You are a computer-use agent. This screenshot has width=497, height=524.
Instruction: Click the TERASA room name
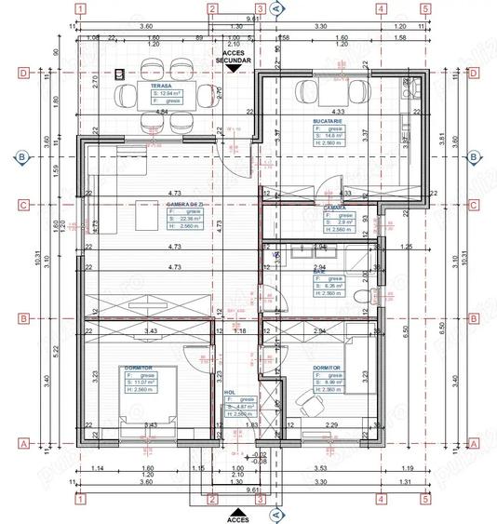[148, 86]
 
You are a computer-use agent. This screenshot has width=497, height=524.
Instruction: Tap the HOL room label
[230, 393]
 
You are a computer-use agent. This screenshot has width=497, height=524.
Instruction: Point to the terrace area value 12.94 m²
[168, 93]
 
